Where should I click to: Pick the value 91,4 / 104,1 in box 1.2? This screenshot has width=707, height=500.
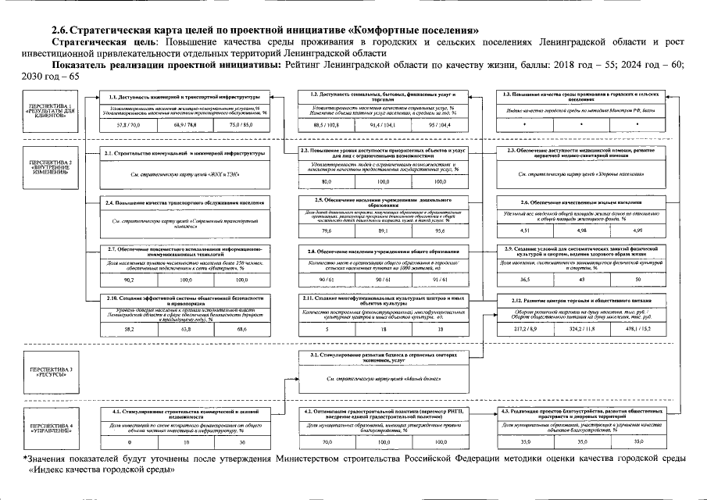(x=383, y=124)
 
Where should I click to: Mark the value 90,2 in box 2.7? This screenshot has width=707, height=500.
(x=130, y=279)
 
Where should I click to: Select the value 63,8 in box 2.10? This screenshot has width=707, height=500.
(x=186, y=330)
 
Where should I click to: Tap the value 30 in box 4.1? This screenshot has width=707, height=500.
(x=242, y=443)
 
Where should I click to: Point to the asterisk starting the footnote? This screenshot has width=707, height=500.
(x=27, y=457)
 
